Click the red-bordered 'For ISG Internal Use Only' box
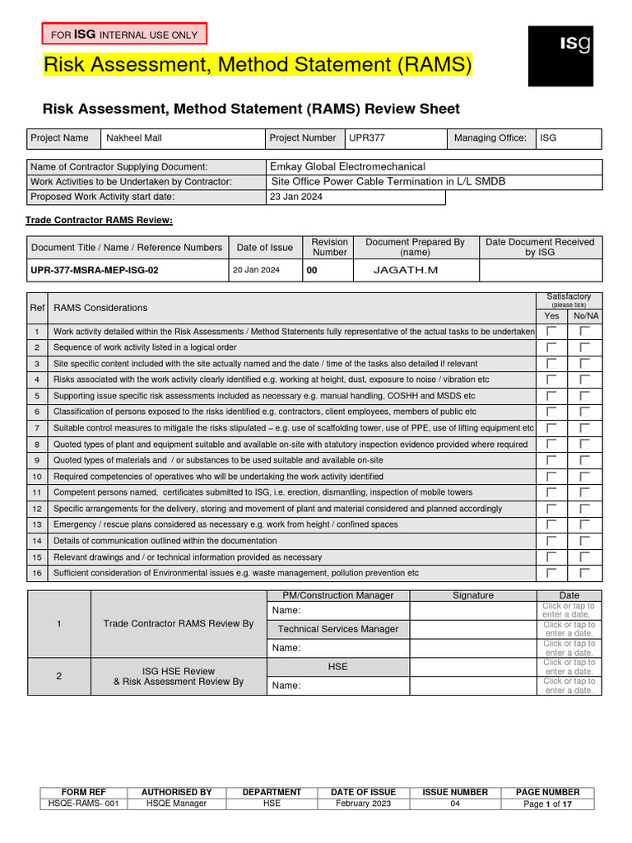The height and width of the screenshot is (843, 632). click(124, 34)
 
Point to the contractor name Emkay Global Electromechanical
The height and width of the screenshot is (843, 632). click(347, 166)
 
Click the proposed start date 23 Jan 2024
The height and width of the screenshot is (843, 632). click(296, 198)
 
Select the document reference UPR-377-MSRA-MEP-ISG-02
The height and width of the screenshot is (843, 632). click(95, 270)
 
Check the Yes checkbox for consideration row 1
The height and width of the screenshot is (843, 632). click(551, 331)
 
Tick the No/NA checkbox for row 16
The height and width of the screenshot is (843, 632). click(584, 573)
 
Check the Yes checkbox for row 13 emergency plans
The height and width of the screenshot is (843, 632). click(551, 524)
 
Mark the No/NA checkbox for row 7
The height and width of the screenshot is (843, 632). click(584, 428)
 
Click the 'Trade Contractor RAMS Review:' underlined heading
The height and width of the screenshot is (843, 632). click(99, 221)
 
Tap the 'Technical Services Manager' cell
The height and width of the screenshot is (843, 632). click(338, 629)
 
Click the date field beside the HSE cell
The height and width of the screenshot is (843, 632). click(569, 667)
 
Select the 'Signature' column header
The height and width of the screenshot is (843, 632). click(473, 595)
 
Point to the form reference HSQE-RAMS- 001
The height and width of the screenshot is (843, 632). click(84, 803)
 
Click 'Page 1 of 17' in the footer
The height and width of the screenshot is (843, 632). click(547, 803)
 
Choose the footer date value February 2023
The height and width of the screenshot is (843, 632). click(364, 803)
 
